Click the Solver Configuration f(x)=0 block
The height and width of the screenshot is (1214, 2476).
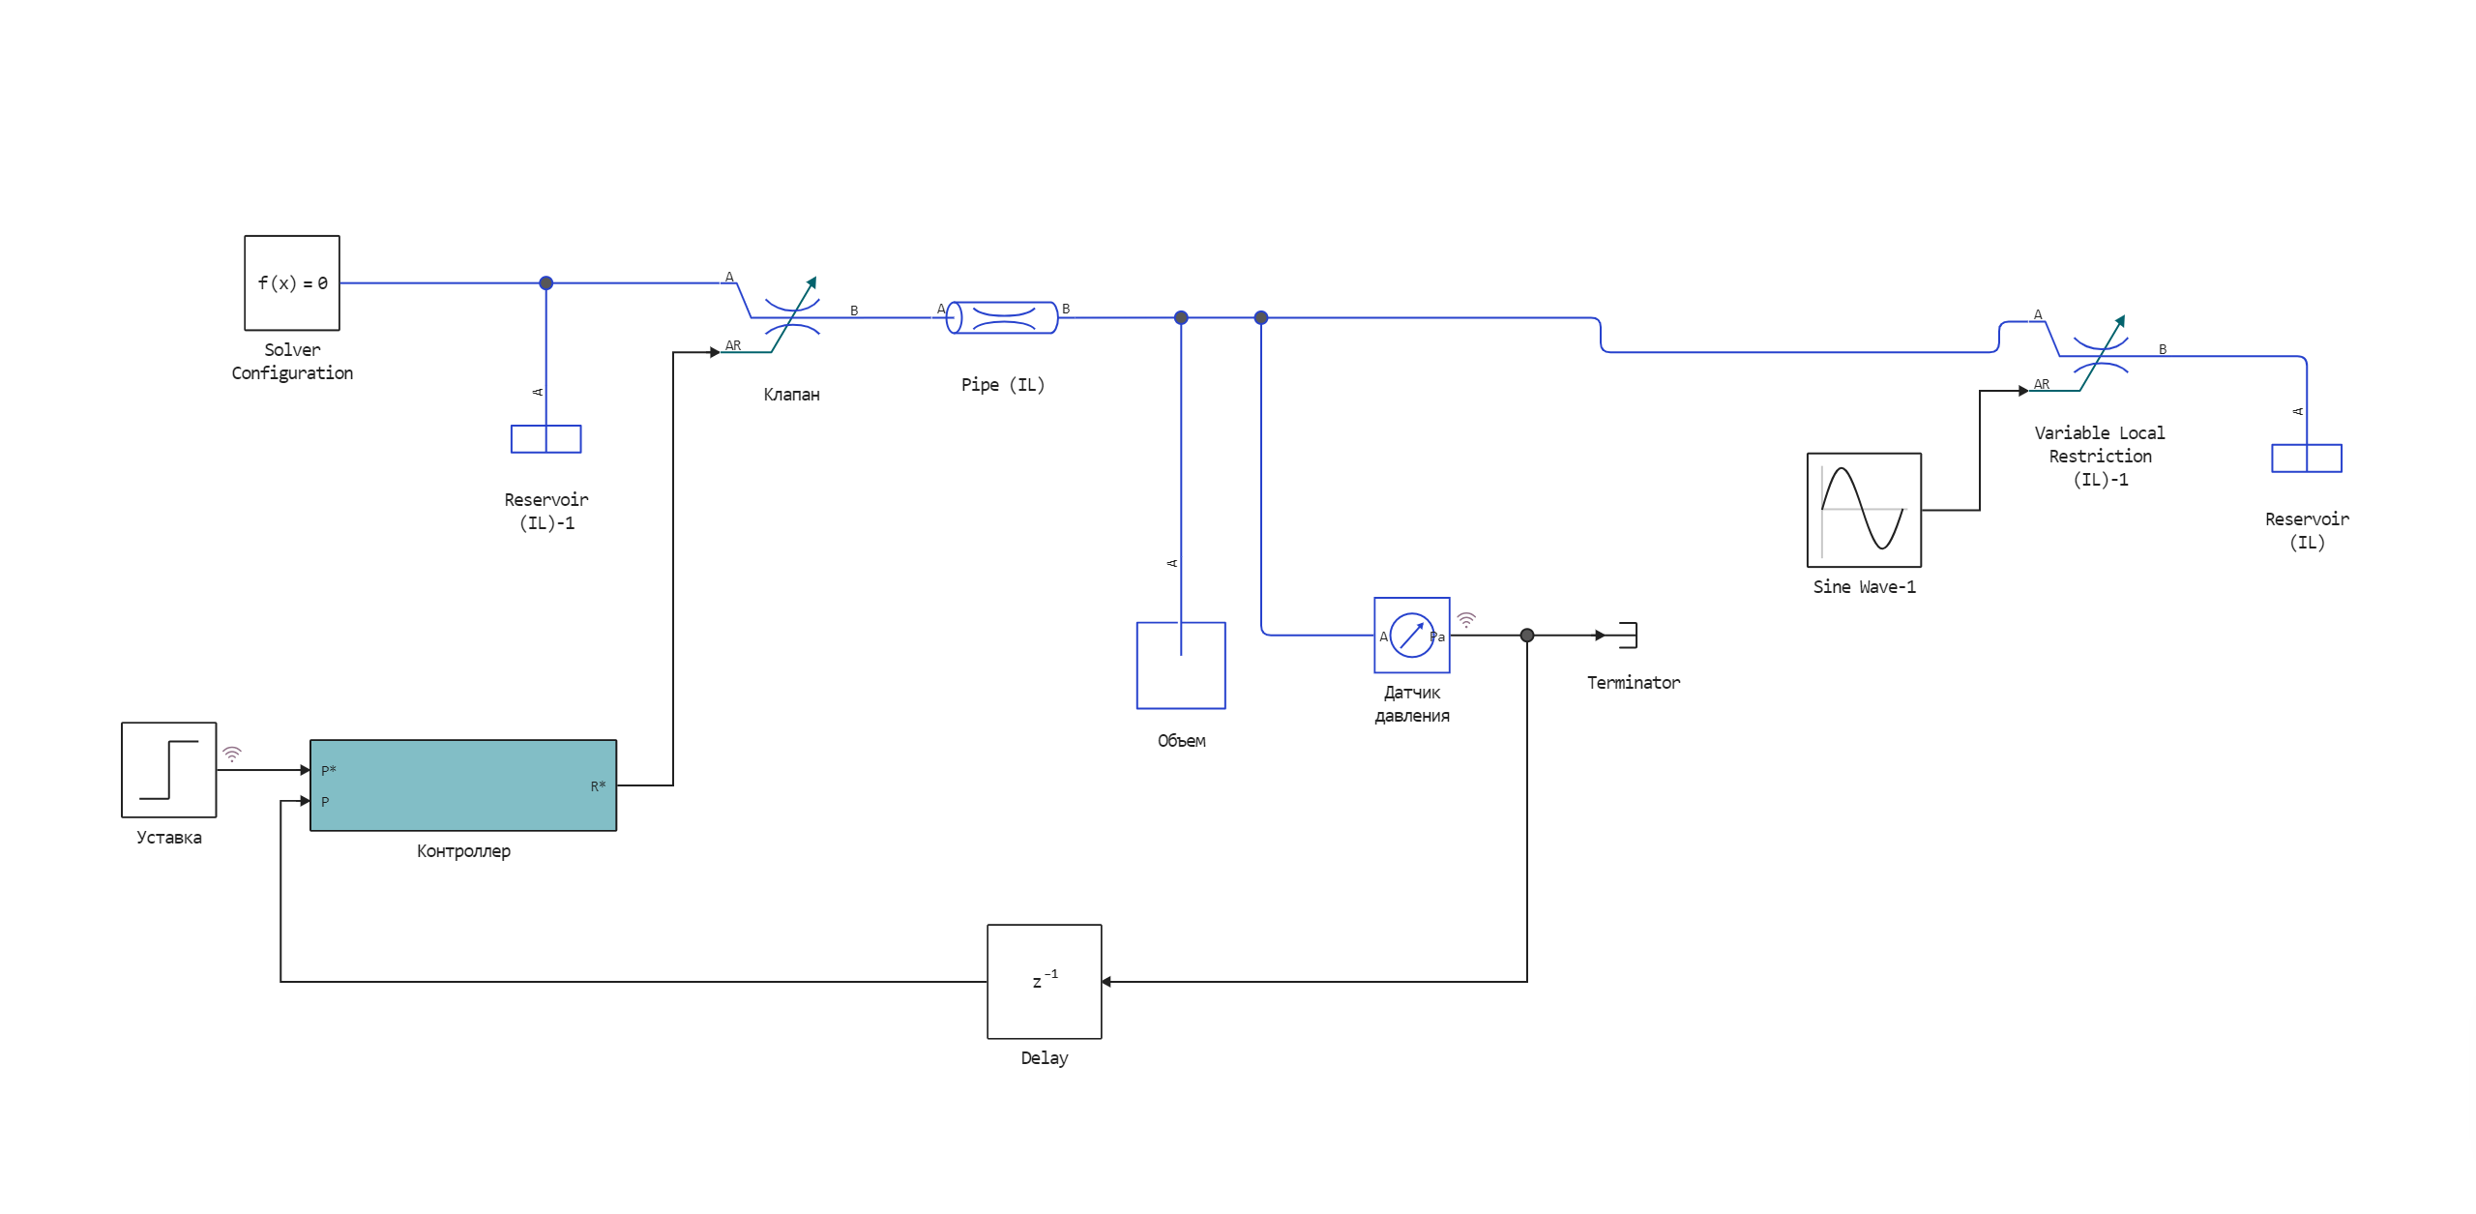click(x=291, y=282)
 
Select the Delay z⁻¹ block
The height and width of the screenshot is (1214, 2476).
click(x=1044, y=981)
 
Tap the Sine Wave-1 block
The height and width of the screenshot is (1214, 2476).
click(x=1864, y=509)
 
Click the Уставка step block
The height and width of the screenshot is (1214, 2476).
click(x=169, y=769)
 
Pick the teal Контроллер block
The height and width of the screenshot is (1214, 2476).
click(x=462, y=785)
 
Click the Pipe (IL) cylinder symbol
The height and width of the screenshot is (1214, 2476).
click(x=1002, y=317)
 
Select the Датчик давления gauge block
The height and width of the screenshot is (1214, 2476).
click(x=1411, y=635)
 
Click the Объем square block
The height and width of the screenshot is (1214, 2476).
click(x=1180, y=666)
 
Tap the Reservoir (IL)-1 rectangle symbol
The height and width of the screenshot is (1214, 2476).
click(x=545, y=439)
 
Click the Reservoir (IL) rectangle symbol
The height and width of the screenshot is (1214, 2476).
click(x=2306, y=458)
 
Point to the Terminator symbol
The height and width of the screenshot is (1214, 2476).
click(x=1628, y=635)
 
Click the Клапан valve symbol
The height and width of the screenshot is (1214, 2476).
click(x=792, y=317)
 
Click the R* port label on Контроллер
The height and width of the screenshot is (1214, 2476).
click(x=598, y=785)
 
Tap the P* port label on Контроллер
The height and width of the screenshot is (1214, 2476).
click(x=329, y=770)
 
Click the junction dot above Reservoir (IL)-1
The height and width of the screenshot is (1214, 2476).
click(x=545, y=282)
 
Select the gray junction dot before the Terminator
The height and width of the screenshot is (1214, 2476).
click(x=1526, y=635)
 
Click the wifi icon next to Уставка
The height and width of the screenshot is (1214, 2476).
click(x=232, y=753)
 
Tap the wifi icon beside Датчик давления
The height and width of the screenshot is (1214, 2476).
click(x=1466, y=619)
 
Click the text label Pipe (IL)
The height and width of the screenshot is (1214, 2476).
click(x=1002, y=384)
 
